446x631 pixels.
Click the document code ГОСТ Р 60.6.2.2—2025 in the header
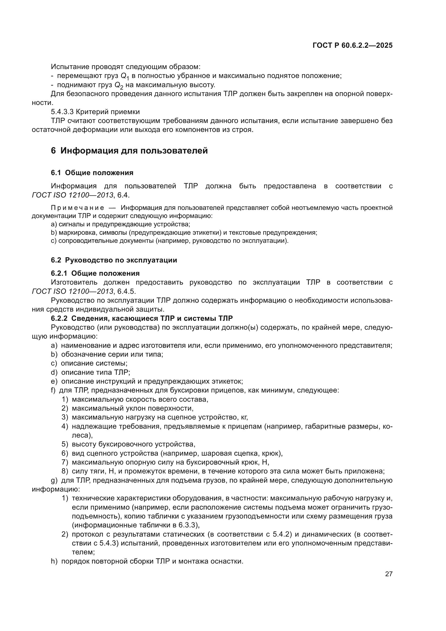point(352,45)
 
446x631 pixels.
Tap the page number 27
point(389,574)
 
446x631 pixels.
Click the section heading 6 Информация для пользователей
point(129,151)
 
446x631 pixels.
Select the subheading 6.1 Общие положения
point(92,173)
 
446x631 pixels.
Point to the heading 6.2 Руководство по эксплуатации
point(114,260)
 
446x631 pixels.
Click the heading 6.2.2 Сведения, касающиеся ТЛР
point(142,318)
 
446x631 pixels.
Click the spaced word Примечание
point(77,208)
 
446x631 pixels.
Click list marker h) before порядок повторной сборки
point(54,561)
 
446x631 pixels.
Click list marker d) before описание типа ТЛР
point(54,372)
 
